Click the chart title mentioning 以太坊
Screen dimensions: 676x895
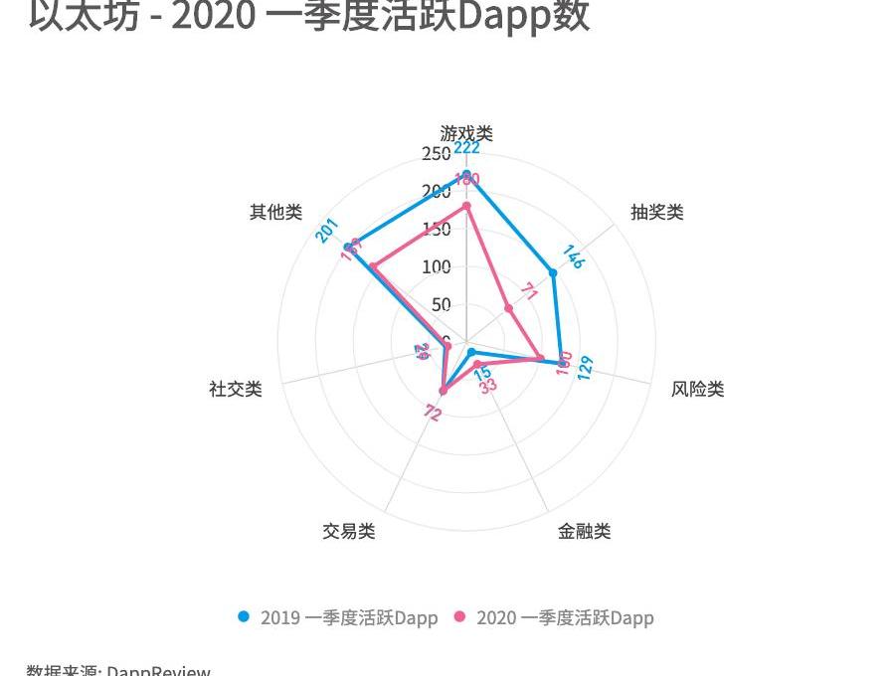pyautogui.click(x=308, y=16)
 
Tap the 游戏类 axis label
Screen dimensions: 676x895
pyautogui.click(x=466, y=133)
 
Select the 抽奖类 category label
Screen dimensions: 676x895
pyautogui.click(x=657, y=212)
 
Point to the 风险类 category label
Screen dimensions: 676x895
pyautogui.click(x=697, y=389)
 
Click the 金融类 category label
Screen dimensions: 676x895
pyautogui.click(x=584, y=531)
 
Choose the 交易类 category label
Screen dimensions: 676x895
pyautogui.click(x=348, y=531)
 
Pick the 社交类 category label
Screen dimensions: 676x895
pyautogui.click(x=236, y=389)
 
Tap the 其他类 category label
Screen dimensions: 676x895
pyautogui.click(x=275, y=212)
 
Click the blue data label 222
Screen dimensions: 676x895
pyautogui.click(x=467, y=148)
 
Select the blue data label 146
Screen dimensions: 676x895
pyautogui.click(x=573, y=256)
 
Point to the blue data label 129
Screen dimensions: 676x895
pyautogui.click(x=585, y=367)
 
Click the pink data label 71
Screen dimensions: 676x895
pyautogui.click(x=530, y=292)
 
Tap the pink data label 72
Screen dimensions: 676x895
pyautogui.click(x=432, y=414)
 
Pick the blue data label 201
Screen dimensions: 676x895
pyautogui.click(x=327, y=230)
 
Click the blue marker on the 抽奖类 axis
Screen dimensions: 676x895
pyautogui.click(x=553, y=272)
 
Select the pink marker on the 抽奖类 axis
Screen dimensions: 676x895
pyautogui.click(x=508, y=308)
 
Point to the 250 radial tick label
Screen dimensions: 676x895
pyautogui.click(x=436, y=153)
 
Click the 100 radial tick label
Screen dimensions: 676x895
pyautogui.click(x=436, y=266)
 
